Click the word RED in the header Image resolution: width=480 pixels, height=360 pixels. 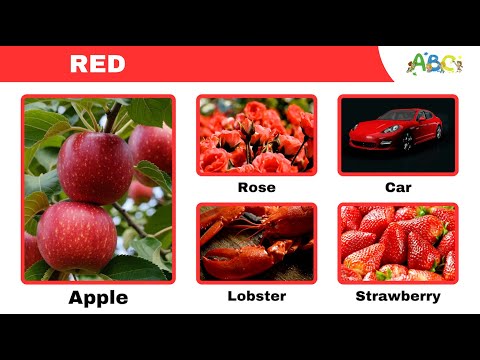[97, 64]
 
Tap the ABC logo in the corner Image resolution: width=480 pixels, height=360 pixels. [435, 63]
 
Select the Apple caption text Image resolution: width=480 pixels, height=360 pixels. [98, 297]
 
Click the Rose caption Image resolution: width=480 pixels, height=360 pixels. [256, 187]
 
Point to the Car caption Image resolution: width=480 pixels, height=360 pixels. [398, 187]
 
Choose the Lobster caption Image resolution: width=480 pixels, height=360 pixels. [256, 296]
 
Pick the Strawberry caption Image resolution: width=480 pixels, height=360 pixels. [398, 296]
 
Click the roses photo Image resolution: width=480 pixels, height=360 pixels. [256, 135]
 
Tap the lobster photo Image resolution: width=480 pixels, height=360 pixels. [256, 243]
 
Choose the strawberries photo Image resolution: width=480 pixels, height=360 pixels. [398, 243]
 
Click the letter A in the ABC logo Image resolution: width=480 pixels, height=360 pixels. [421, 62]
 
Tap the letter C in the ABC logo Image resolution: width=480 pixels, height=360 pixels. [449, 64]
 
